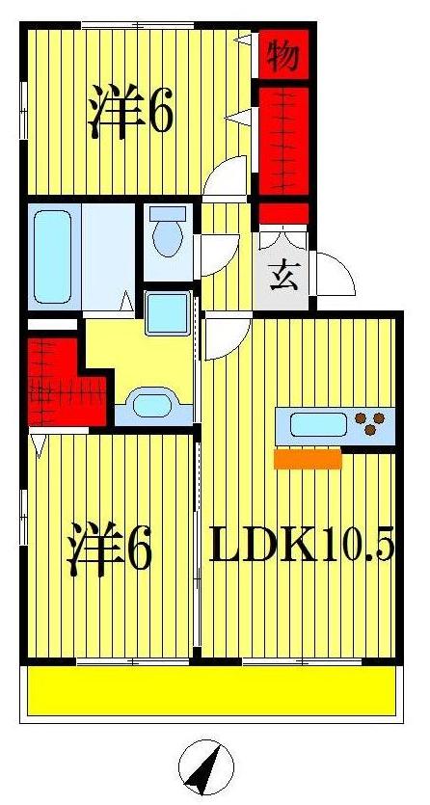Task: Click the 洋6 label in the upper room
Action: [131, 113]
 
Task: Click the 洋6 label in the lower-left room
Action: [109, 549]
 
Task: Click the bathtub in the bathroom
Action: [54, 256]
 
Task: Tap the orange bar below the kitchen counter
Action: [308, 460]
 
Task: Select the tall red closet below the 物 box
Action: [282, 141]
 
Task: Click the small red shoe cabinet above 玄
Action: [282, 213]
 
